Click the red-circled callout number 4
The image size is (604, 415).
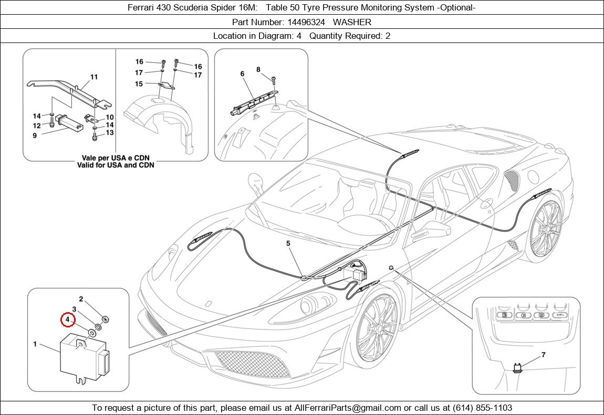pyautogui.click(x=67, y=319)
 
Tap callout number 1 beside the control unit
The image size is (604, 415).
pyautogui.click(x=35, y=344)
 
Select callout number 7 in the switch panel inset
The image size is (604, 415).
pyautogui.click(x=543, y=355)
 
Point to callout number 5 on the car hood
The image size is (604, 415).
pyautogui.click(x=288, y=243)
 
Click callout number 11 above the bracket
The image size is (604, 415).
pyautogui.click(x=94, y=77)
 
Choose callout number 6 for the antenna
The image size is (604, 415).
pyautogui.click(x=242, y=74)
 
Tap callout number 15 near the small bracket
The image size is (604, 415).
pyautogui.click(x=139, y=84)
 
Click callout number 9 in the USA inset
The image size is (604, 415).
pyautogui.click(x=35, y=135)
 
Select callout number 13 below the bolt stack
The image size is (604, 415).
pyautogui.click(x=109, y=133)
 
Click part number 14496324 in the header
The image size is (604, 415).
pyautogui.click(x=306, y=22)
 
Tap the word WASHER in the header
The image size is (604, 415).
pyautogui.click(x=352, y=22)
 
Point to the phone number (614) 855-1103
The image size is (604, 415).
pyautogui.click(x=478, y=408)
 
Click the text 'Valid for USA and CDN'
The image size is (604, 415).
pyautogui.click(x=115, y=165)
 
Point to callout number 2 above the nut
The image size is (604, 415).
pyautogui.click(x=81, y=299)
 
